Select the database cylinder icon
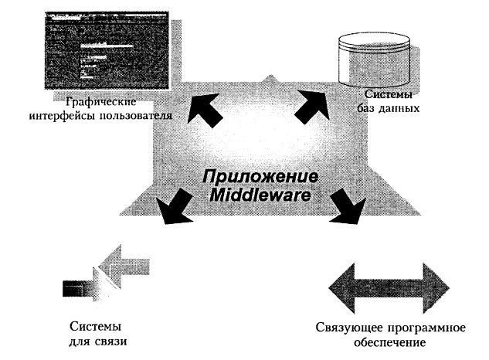[373, 56]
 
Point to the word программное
[424, 328]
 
